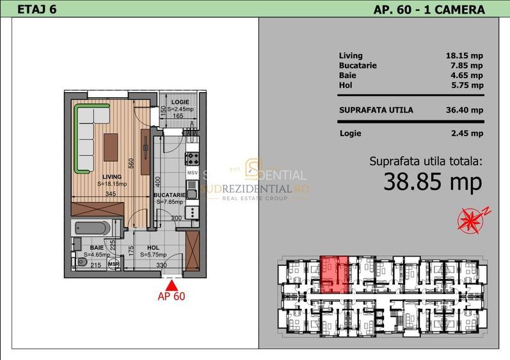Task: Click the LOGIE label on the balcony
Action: [x=180, y=101]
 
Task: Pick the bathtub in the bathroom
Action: [x=95, y=226]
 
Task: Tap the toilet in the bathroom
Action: [x=81, y=262]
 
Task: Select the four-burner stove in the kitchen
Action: [x=192, y=157]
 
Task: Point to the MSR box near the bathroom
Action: [x=113, y=263]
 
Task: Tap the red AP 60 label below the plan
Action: [x=171, y=295]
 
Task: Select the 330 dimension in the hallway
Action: [x=162, y=265]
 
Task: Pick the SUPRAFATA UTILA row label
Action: [x=376, y=110]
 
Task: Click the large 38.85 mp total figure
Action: [x=433, y=183]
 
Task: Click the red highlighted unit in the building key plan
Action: [x=335, y=274]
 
